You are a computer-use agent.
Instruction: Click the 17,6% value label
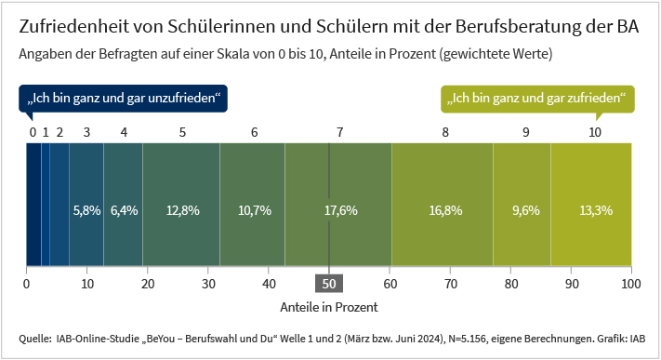point(340,210)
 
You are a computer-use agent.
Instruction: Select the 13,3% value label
point(595,210)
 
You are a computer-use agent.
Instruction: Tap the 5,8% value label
point(86,210)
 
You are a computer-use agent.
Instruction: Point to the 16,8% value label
point(445,210)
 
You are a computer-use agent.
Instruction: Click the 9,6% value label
point(525,210)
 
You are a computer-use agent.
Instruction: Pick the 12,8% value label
point(182,210)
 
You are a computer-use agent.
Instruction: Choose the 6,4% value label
point(124,210)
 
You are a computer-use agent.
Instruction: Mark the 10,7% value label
point(254,210)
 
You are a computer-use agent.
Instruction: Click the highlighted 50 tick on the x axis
point(329,284)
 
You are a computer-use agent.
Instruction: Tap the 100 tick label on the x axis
point(631,284)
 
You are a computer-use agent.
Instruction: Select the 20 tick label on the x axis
point(147,284)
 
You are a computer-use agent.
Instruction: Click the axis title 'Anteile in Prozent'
point(329,305)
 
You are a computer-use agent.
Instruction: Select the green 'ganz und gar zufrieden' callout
point(536,98)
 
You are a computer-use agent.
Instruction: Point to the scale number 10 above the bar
point(595,132)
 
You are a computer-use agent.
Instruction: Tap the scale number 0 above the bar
point(33,132)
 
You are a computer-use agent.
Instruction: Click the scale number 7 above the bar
point(340,132)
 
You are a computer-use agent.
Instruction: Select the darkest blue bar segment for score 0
point(33,205)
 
